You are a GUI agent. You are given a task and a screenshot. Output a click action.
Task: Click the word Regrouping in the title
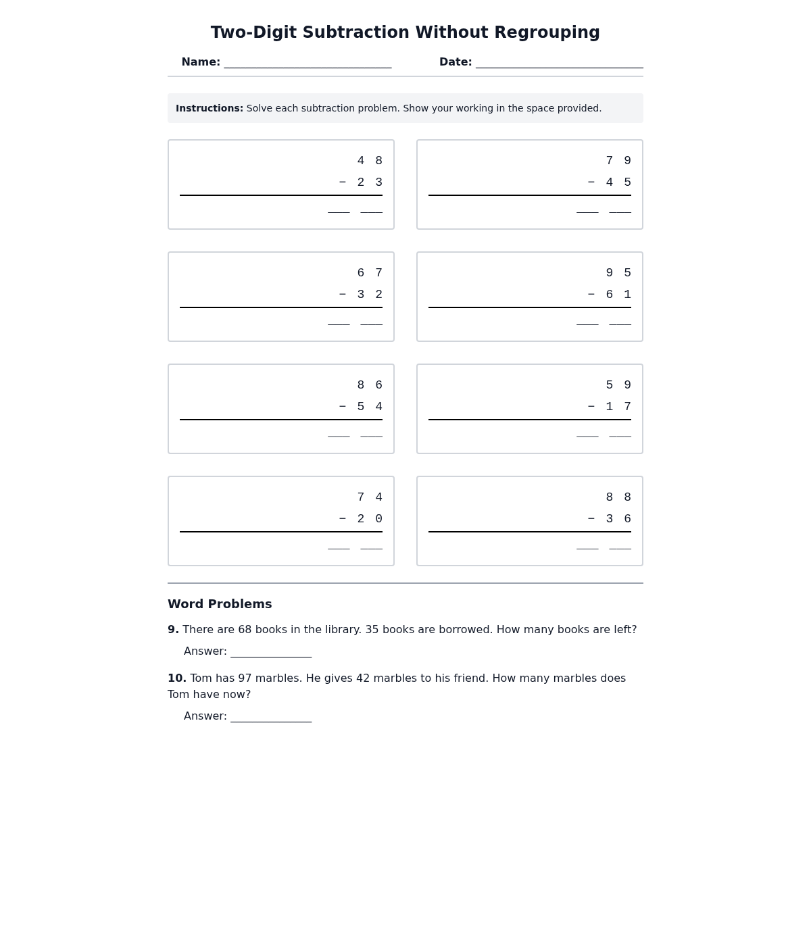point(547,32)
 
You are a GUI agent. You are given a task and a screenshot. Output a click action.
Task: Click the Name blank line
point(308,63)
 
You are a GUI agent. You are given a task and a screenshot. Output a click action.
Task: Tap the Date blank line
point(559,63)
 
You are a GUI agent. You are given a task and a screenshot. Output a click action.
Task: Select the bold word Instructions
point(210,108)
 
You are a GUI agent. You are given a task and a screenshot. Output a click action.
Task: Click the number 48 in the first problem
point(370,161)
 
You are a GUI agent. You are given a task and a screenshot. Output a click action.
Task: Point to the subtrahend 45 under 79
point(618,182)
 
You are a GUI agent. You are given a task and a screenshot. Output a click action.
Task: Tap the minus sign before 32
point(343,295)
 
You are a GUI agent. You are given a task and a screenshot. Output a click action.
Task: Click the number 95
point(618,273)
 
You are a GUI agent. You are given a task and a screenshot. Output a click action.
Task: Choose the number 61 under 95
point(618,295)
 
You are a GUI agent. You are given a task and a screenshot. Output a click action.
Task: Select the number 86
point(370,385)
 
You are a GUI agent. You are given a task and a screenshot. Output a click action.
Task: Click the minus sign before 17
point(591,407)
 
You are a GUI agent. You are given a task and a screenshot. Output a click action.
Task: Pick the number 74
point(370,497)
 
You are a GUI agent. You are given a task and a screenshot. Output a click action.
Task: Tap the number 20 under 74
point(370,519)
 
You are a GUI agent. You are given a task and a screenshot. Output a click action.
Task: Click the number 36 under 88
point(618,519)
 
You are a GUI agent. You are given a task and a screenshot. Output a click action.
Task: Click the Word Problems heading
point(220,604)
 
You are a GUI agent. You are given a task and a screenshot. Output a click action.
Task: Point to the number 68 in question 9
point(245,630)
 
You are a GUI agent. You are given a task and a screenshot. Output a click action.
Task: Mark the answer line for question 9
point(271,653)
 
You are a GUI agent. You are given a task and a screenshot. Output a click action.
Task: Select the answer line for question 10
point(271,718)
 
